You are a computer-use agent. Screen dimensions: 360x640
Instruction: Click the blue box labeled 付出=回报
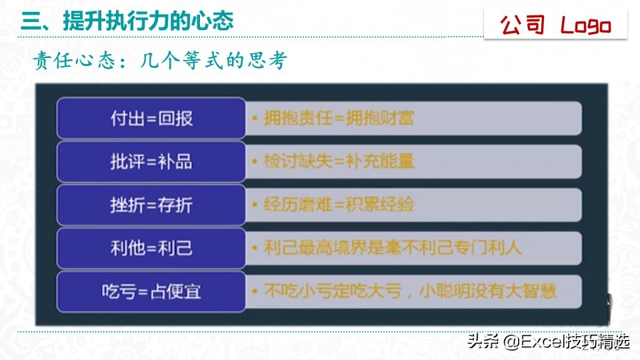click(151, 119)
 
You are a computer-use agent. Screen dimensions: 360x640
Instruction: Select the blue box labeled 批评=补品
click(151, 161)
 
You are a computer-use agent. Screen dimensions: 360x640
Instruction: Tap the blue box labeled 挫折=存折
click(151, 205)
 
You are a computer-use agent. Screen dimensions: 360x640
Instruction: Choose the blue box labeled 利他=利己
click(151, 248)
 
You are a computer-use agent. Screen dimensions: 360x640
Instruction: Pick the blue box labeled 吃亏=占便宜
click(151, 291)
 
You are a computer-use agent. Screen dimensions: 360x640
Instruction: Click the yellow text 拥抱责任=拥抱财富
click(339, 119)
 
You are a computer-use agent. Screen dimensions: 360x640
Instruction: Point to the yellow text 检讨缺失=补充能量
click(339, 161)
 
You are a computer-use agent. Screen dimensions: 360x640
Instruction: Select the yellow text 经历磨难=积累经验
click(339, 204)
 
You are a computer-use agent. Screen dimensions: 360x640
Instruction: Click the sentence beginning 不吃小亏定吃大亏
click(409, 291)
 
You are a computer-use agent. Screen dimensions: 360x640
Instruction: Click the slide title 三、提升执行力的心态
click(127, 21)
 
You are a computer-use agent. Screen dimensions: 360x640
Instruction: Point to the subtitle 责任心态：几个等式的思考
click(160, 61)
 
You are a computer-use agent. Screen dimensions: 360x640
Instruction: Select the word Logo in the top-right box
click(585, 25)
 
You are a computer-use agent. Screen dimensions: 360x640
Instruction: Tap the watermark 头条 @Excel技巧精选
click(548, 342)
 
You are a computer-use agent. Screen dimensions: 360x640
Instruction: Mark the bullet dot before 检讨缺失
click(255, 162)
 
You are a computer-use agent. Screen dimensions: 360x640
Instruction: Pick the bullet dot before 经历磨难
click(255, 205)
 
